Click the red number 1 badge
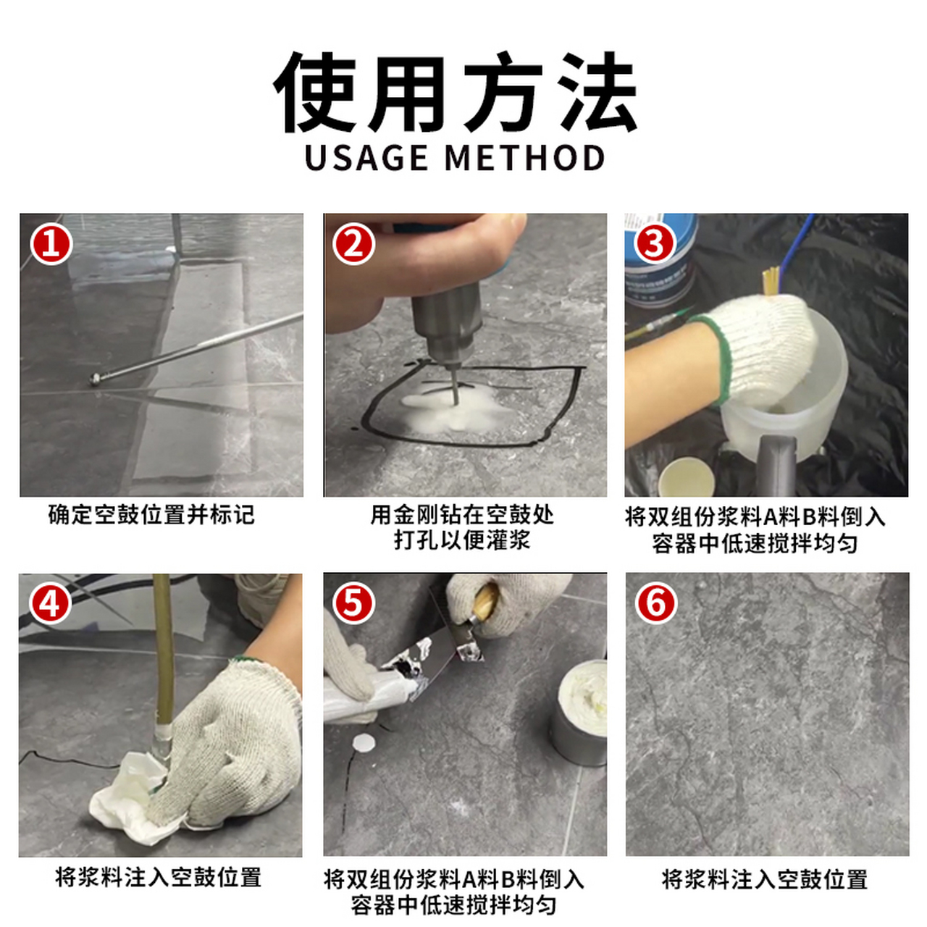[51, 243]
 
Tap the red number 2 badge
[353, 243]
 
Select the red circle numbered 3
[655, 243]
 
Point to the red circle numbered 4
[50, 603]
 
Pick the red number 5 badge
[353, 603]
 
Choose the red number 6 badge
[656, 603]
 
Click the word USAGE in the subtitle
[366, 158]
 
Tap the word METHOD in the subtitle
[524, 158]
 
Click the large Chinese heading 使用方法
[455, 93]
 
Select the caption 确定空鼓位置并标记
[151, 515]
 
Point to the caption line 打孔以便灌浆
[462, 540]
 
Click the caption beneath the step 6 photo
[765, 879]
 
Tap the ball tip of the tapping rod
[95, 378]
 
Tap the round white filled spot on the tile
[364, 742]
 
